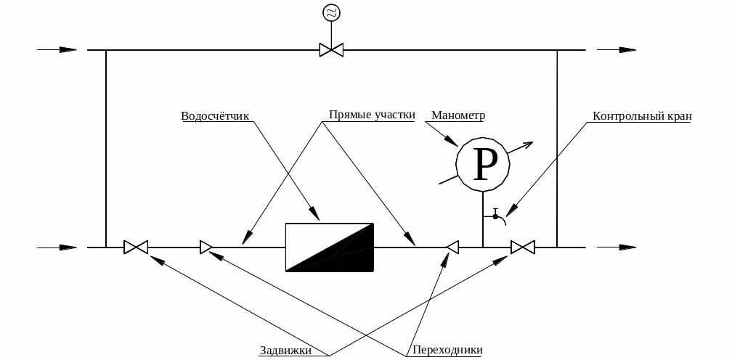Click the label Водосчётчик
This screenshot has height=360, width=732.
pyautogui.click(x=215, y=115)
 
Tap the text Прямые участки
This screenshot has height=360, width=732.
pyautogui.click(x=372, y=115)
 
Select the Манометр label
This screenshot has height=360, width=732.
pyautogui.click(x=457, y=115)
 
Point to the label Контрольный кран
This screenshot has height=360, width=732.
pyautogui.click(x=643, y=115)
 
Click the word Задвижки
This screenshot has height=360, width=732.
pyautogui.click(x=285, y=350)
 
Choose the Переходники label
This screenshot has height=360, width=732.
pyautogui.click(x=447, y=350)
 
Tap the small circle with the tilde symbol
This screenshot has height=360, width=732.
pyautogui.click(x=332, y=12)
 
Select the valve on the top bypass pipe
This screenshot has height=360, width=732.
pyautogui.click(x=332, y=50)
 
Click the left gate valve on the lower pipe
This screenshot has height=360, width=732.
pyautogui.click(x=136, y=247)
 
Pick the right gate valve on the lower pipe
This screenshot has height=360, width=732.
pyautogui.click(x=522, y=247)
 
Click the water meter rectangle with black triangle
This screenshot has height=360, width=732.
pyautogui.click(x=330, y=247)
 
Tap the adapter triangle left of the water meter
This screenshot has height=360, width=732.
pyautogui.click(x=206, y=247)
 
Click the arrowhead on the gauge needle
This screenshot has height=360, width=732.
pyautogui.click(x=528, y=144)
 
